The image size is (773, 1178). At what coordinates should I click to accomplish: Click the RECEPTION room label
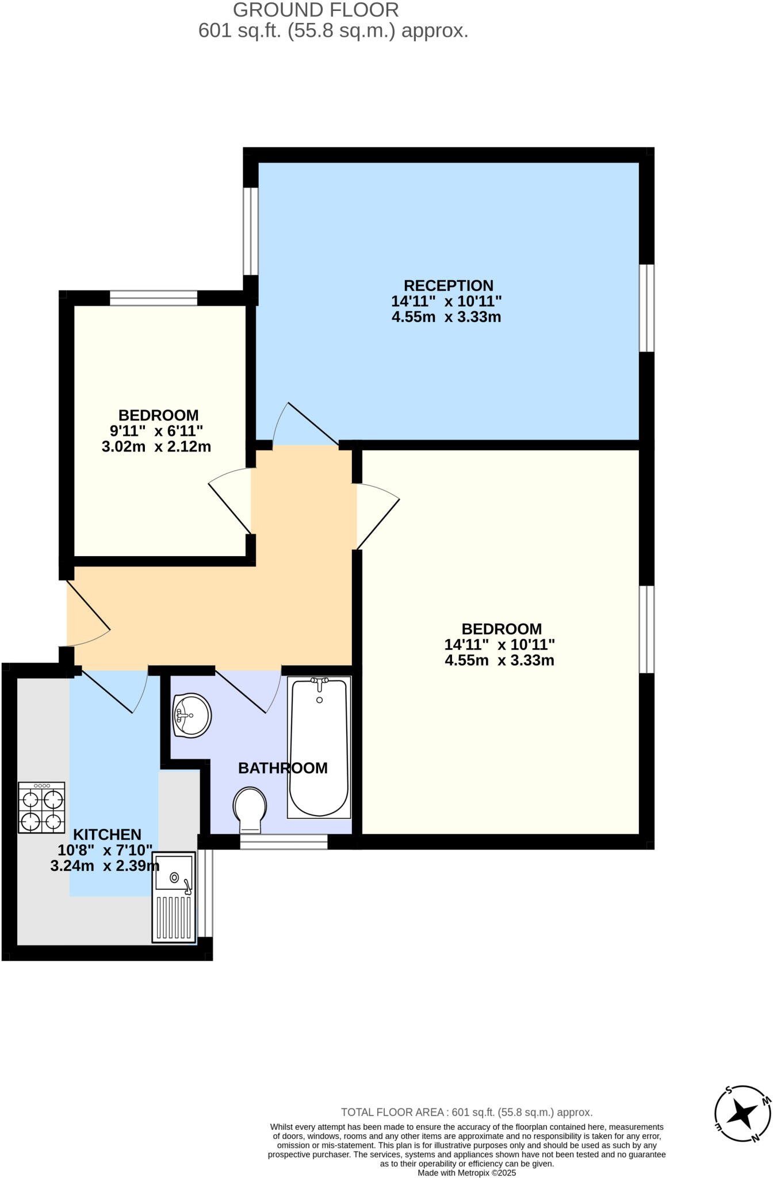click(x=448, y=286)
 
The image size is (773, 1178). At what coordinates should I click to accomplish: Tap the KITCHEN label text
click(x=107, y=835)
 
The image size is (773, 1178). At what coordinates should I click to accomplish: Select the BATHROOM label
click(x=282, y=768)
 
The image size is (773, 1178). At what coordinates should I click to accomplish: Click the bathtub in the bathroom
click(x=319, y=747)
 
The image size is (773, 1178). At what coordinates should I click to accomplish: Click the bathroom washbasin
click(x=192, y=715)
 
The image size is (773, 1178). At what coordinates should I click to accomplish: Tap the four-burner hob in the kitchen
click(x=41, y=808)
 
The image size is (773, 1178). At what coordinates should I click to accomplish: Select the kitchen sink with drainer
click(x=173, y=897)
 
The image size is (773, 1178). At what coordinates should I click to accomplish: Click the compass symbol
click(x=743, y=1114)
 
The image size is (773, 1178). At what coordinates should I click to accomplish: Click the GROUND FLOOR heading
click(x=316, y=10)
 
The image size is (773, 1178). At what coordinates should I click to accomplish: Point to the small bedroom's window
click(x=154, y=298)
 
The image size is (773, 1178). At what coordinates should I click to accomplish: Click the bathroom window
click(x=284, y=842)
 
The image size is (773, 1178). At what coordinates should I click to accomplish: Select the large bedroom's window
click(x=647, y=629)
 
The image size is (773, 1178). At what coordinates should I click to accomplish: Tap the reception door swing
click(x=305, y=426)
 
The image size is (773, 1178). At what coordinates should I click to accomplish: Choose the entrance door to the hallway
click(x=87, y=613)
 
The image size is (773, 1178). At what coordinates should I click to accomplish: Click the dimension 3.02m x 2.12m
click(x=156, y=446)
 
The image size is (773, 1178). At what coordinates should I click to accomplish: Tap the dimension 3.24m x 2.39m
click(x=105, y=866)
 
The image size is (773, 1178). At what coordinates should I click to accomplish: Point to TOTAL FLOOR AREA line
click(x=466, y=1112)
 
